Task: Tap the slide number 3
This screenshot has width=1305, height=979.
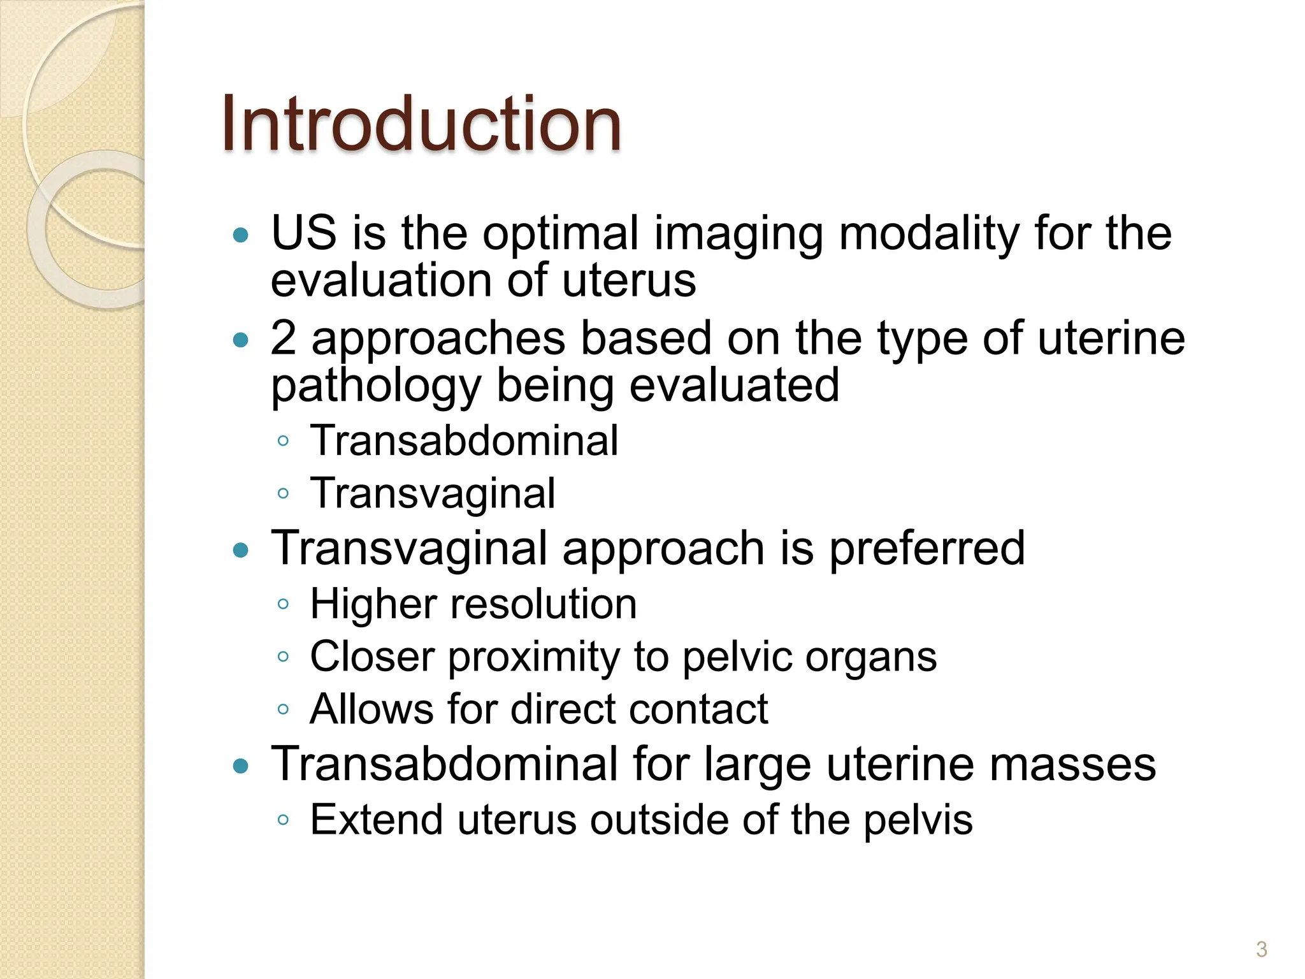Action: (1261, 949)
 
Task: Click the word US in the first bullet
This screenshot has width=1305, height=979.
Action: (303, 233)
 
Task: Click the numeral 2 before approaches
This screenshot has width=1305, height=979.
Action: (283, 338)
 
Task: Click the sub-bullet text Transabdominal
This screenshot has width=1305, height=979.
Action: (464, 440)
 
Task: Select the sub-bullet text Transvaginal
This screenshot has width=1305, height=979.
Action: (432, 493)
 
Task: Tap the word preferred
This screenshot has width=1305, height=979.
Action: (926, 549)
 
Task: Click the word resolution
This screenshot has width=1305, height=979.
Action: (544, 604)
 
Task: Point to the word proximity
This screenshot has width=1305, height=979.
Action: (534, 657)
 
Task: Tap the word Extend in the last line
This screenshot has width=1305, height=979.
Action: (376, 820)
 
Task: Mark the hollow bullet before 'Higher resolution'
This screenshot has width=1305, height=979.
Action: (284, 604)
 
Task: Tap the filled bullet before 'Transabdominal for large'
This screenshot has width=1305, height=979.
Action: (240, 765)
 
